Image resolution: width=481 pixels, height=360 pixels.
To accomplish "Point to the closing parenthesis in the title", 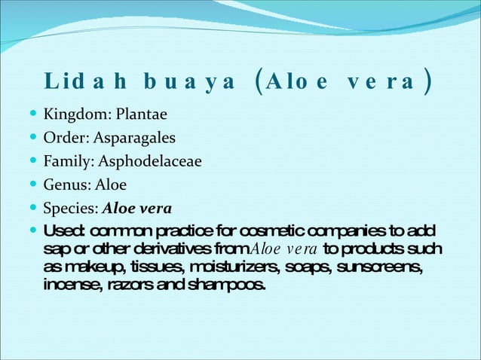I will tap(427, 81).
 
